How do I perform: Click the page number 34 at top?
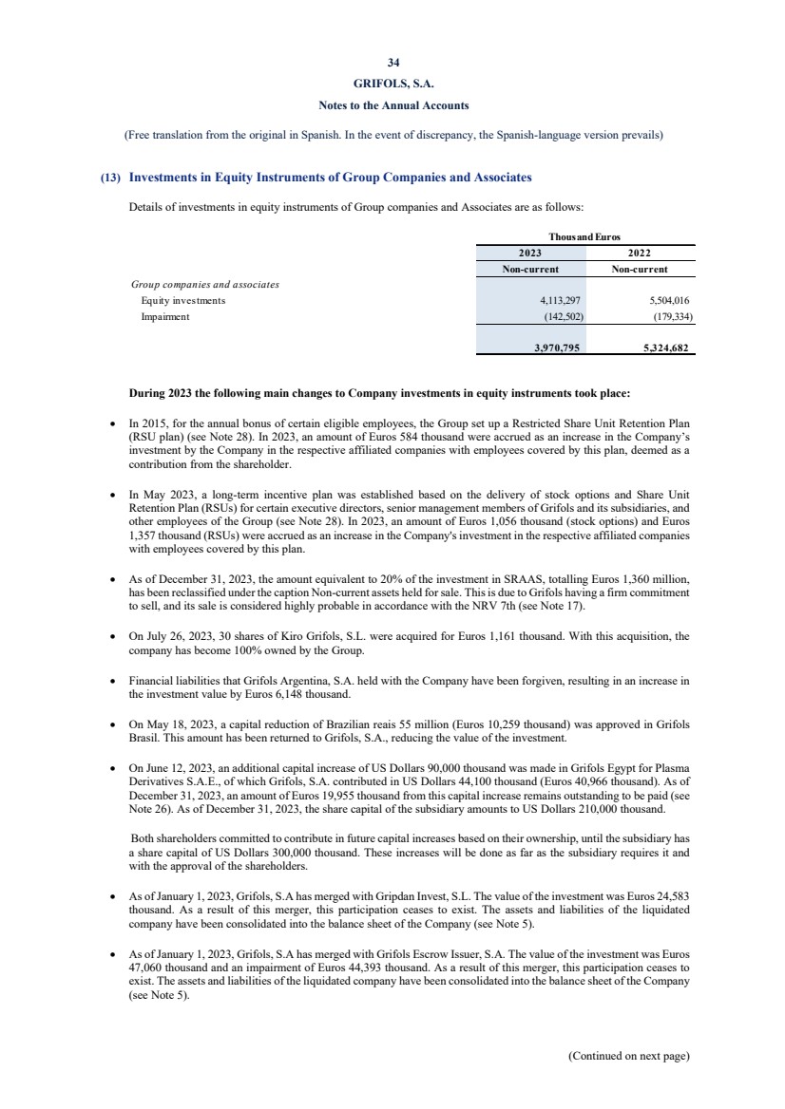[392, 65]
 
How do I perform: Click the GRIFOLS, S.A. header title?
[392, 85]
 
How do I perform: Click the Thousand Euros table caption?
[584, 236]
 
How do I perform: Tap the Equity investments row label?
[183, 300]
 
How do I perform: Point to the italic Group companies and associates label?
[204, 284]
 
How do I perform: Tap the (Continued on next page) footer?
[628, 1055]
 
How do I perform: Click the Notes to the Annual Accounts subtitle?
[392, 104]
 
